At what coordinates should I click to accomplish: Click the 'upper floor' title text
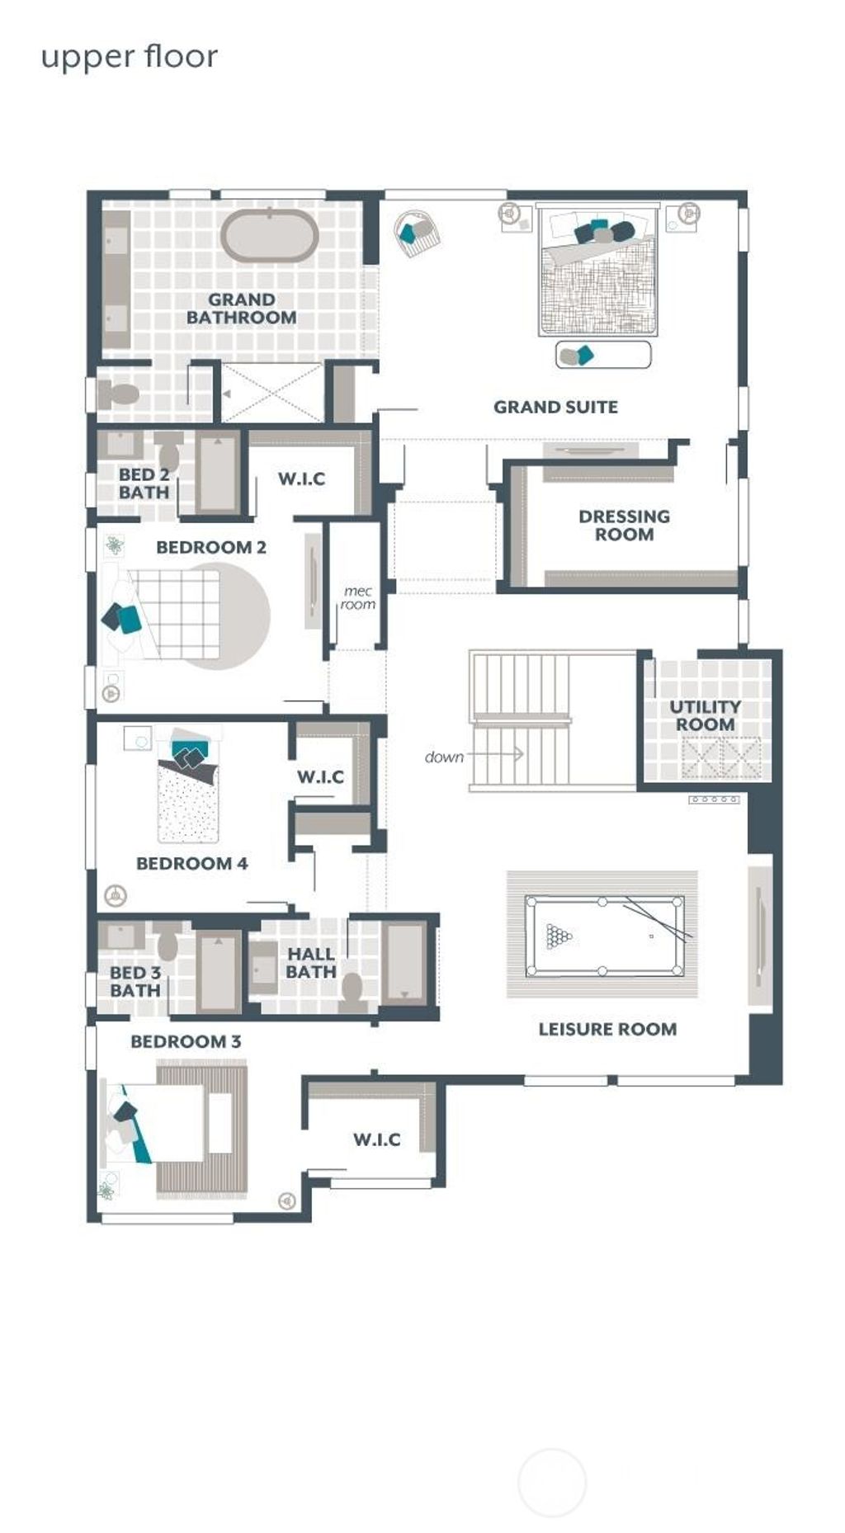pyautogui.click(x=130, y=58)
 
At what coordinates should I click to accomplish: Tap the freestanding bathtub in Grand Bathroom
pyautogui.click(x=269, y=237)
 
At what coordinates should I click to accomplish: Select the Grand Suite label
pyautogui.click(x=555, y=407)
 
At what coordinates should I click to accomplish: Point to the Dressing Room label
pyautogui.click(x=624, y=526)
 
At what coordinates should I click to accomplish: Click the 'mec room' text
pyautogui.click(x=358, y=598)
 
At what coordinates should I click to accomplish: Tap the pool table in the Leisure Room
pyautogui.click(x=605, y=936)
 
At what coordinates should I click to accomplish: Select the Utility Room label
pyautogui.click(x=704, y=715)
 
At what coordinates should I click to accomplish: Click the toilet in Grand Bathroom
pyautogui.click(x=119, y=394)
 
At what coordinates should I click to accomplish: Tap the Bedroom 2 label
pyautogui.click(x=211, y=547)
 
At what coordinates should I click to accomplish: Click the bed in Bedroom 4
pyautogui.click(x=188, y=788)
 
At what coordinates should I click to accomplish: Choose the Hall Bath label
pyautogui.click(x=310, y=963)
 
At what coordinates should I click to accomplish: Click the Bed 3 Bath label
pyautogui.click(x=135, y=981)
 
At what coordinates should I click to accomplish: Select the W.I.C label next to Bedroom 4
pyautogui.click(x=320, y=776)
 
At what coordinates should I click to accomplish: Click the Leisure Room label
pyautogui.click(x=607, y=1029)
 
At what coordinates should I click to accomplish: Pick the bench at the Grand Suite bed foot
pyautogui.click(x=603, y=355)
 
